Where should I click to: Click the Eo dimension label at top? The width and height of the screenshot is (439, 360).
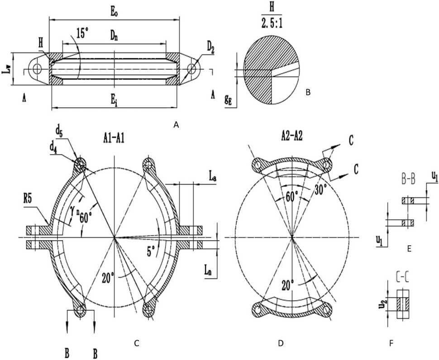[x=114, y=12]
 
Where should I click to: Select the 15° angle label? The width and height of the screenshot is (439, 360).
[x=82, y=33]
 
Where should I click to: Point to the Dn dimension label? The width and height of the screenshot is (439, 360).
[x=114, y=36]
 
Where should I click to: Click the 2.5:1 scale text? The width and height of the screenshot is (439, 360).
[x=272, y=24]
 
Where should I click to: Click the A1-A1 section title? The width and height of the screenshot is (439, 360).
[x=112, y=139]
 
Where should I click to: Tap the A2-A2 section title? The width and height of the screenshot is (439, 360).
[x=291, y=137]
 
